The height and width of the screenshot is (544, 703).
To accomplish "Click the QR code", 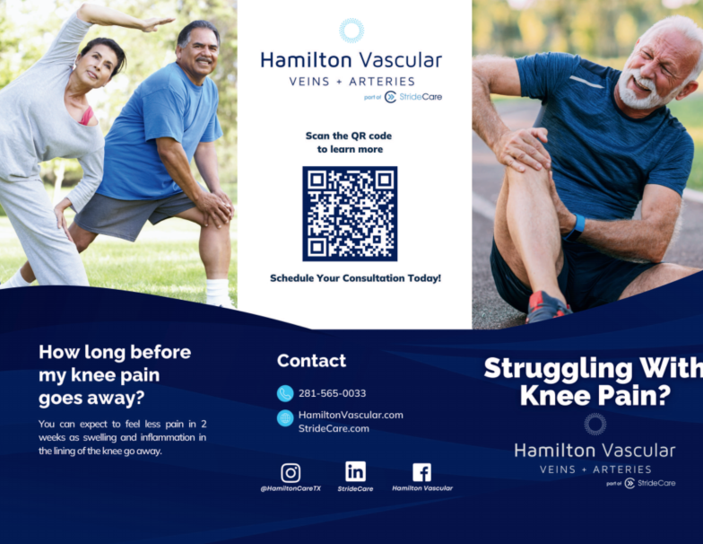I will click(x=350, y=214).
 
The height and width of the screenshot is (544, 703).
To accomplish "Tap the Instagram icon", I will click(x=291, y=472).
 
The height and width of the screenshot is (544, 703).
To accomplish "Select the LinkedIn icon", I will click(x=355, y=471).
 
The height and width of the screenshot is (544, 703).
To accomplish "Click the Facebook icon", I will click(x=421, y=472).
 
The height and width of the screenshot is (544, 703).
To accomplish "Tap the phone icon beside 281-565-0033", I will click(x=285, y=393).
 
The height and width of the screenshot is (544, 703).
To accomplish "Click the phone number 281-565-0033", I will click(x=332, y=393).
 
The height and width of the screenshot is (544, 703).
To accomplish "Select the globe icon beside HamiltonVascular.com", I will click(x=285, y=417).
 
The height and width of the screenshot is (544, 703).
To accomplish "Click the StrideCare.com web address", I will click(x=334, y=429).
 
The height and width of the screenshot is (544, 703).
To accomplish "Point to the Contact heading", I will click(x=311, y=361).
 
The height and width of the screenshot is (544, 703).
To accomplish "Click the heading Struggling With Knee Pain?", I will click(x=593, y=382).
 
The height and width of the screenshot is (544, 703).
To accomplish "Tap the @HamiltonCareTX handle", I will click(x=291, y=488).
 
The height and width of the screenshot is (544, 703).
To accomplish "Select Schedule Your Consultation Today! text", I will click(x=355, y=278).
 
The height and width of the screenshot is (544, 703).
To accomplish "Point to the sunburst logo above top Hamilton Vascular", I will click(x=351, y=31).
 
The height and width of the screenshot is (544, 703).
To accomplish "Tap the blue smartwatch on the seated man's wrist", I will click(x=575, y=225).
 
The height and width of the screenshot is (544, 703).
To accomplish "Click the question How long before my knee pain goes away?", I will click(x=115, y=374).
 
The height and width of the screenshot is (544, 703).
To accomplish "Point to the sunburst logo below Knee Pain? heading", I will click(x=595, y=424).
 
